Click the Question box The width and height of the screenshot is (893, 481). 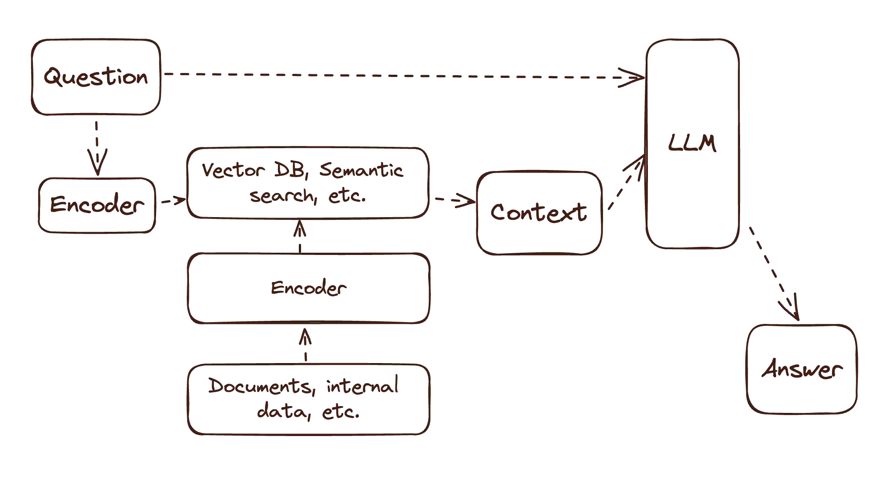click(96, 77)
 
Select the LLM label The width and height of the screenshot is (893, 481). click(692, 144)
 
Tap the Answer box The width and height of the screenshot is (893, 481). click(802, 370)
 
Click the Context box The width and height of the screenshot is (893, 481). click(539, 212)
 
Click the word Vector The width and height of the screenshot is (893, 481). click(231, 171)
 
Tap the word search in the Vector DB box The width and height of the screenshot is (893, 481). click(280, 197)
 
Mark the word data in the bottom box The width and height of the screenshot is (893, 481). click(279, 412)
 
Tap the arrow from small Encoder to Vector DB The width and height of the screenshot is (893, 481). click(171, 202)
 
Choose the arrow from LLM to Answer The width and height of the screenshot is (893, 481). click(774, 274)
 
